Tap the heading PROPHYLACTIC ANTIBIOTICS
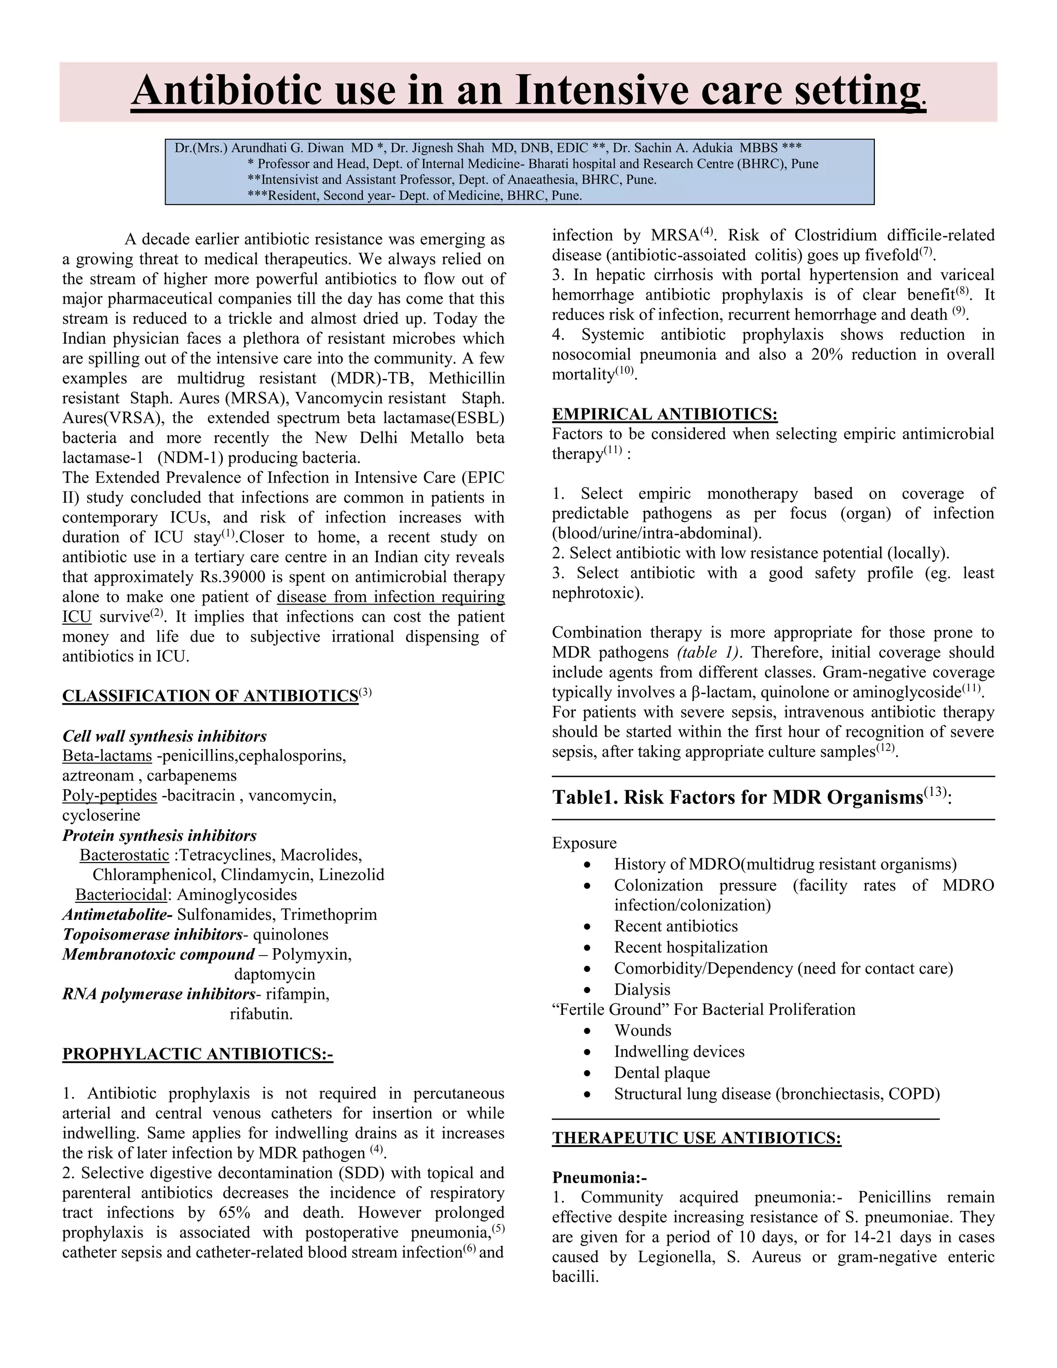tap(197, 1054)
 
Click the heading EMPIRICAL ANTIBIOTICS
tap(664, 414)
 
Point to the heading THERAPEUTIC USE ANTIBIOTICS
tap(696, 1138)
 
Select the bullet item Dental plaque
tap(662, 1073)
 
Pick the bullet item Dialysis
tap(642, 990)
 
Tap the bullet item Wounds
tap(643, 1030)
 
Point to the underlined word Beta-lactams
tap(107, 756)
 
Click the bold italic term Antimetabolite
tap(117, 915)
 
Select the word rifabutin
tap(261, 1014)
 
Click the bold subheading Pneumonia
tap(599, 1178)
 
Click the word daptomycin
tap(274, 975)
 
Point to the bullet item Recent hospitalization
tap(691, 948)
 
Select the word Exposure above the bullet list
tap(584, 843)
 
